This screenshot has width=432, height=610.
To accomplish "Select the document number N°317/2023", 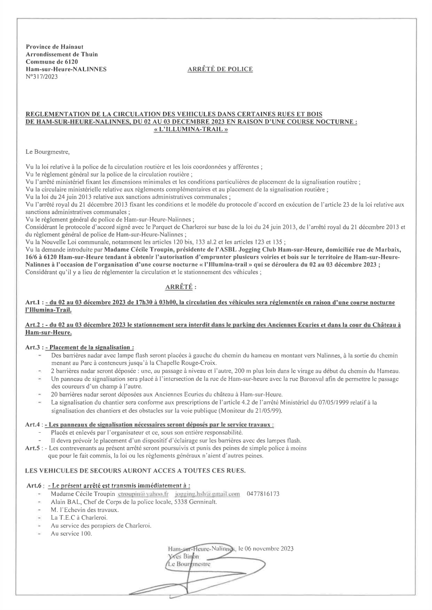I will (42, 76).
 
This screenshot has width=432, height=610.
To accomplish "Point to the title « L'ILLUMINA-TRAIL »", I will (191, 129).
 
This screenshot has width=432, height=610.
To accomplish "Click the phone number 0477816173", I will (263, 494).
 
